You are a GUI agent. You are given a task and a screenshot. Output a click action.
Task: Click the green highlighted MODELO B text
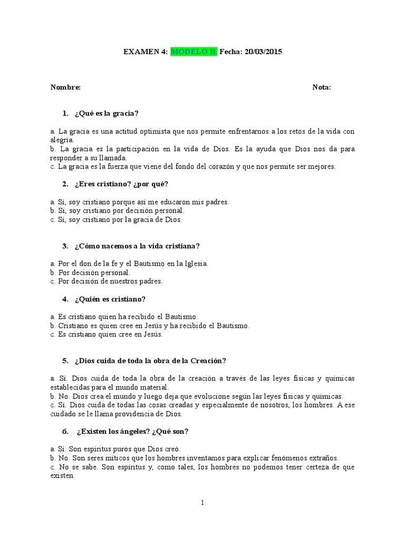click(194, 52)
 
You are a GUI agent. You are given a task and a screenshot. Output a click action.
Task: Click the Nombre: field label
click(65, 87)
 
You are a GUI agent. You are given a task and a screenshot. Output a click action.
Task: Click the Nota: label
click(322, 87)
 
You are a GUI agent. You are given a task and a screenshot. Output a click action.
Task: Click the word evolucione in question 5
click(216, 396)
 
